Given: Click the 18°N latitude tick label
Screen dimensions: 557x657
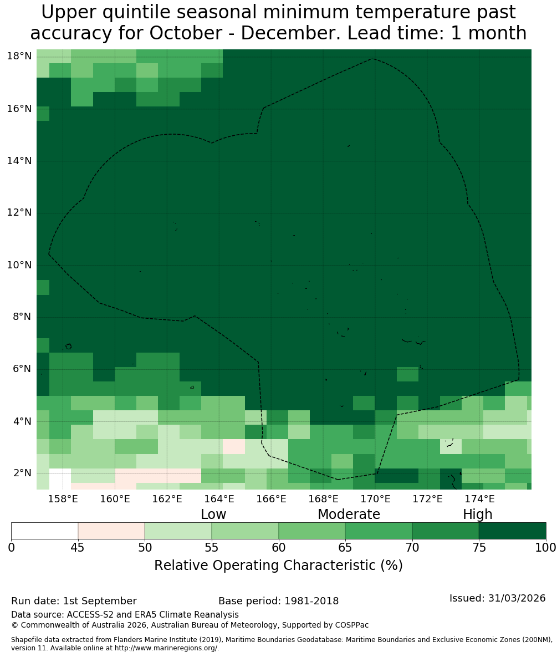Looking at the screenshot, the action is click(x=19, y=56).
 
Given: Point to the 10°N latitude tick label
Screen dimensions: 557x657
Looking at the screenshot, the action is click(x=19, y=265).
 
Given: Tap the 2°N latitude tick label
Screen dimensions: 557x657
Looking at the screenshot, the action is click(x=23, y=473).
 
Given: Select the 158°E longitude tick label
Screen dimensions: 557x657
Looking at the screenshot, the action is click(x=63, y=499).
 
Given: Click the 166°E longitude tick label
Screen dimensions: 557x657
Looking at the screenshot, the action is click(x=272, y=499).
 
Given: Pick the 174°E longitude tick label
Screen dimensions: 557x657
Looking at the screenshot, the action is click(x=479, y=499).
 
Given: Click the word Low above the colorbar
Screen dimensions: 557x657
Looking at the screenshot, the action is click(x=213, y=514).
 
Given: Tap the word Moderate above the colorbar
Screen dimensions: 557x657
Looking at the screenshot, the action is click(x=349, y=514).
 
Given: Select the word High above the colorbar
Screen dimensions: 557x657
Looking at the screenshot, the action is click(x=477, y=515).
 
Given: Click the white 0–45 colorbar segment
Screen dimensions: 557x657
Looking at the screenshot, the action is click(x=44, y=531).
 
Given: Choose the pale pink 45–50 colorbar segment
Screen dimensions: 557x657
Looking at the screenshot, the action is click(x=111, y=531).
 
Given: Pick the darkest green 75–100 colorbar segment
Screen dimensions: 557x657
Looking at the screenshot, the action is click(x=513, y=531).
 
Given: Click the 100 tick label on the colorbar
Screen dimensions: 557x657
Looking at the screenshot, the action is click(x=546, y=547).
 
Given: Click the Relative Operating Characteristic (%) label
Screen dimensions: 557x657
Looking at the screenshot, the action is click(x=278, y=565).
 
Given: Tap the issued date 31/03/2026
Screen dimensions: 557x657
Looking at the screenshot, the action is click(x=517, y=598).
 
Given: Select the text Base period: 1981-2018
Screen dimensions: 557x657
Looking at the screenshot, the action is click(x=278, y=601).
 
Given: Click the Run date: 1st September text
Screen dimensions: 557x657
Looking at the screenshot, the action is click(x=74, y=601).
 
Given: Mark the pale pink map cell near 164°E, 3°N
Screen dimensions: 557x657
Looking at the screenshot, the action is click(x=234, y=447).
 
